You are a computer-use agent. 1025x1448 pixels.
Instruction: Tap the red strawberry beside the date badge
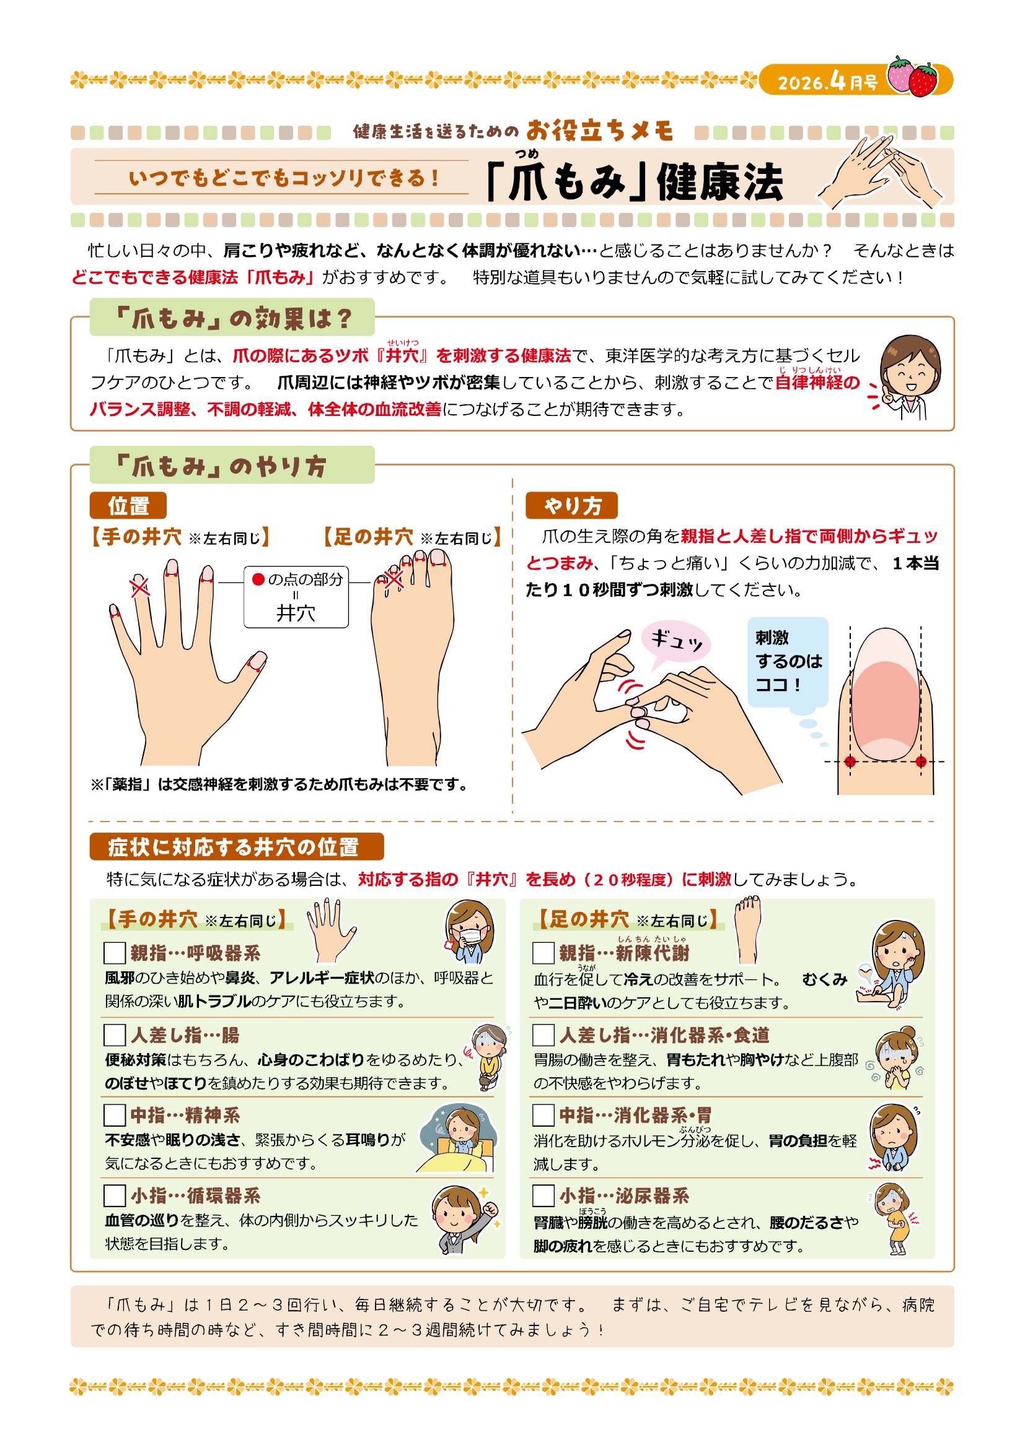click(923, 80)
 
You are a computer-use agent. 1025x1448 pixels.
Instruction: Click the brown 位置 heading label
click(128, 506)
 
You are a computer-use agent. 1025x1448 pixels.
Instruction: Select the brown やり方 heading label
click(571, 506)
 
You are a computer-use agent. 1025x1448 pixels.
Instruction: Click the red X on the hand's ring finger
click(139, 586)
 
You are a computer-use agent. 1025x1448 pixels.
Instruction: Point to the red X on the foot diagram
click(394, 579)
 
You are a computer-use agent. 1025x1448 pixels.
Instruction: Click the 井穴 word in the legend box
click(296, 612)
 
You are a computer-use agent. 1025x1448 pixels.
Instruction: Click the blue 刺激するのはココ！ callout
click(788, 662)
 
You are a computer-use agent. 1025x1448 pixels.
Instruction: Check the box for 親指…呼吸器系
click(114, 953)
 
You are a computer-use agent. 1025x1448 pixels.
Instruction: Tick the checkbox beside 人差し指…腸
click(114, 1035)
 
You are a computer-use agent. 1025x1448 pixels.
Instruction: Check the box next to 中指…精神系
click(114, 1115)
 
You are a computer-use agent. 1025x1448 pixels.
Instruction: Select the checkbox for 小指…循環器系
click(114, 1196)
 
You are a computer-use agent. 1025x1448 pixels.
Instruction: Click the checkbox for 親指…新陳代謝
click(543, 953)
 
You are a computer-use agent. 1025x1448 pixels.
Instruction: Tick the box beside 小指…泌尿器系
click(543, 1196)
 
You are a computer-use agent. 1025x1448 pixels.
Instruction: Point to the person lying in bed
click(457, 1139)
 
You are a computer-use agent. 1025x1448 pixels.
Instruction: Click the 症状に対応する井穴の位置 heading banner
click(237, 847)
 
